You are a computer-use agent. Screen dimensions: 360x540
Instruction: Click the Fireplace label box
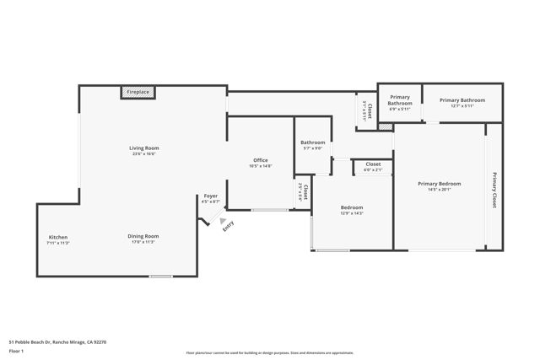tap(138, 92)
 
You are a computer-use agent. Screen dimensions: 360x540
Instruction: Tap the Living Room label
tap(143, 148)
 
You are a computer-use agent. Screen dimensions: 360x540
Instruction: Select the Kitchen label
tap(58, 237)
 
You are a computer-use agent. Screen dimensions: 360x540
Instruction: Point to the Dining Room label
tap(143, 236)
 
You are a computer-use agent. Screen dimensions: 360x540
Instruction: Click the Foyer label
tap(210, 196)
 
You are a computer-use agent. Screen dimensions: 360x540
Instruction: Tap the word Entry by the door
tap(228, 226)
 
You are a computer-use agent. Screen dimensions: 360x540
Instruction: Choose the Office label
tap(261, 160)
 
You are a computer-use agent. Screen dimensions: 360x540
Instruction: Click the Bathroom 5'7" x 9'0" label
tap(312, 142)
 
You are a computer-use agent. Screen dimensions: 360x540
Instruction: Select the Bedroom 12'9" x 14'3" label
tap(352, 207)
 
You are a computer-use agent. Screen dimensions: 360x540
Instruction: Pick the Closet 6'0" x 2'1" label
tap(373, 164)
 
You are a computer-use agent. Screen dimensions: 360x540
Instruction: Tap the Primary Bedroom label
tap(440, 183)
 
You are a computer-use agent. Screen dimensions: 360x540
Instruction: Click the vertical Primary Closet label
tap(494, 190)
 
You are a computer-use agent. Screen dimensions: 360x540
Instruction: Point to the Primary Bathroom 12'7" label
tap(462, 100)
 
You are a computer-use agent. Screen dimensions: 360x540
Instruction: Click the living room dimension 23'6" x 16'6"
tap(143, 154)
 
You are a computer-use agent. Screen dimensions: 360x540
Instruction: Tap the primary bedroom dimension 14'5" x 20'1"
tap(440, 190)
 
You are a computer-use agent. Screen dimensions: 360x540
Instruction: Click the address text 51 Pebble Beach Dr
tap(57, 342)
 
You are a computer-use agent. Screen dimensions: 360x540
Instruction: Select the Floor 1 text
tap(16, 351)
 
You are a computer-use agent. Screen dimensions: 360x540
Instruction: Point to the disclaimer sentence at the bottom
tap(270, 353)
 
